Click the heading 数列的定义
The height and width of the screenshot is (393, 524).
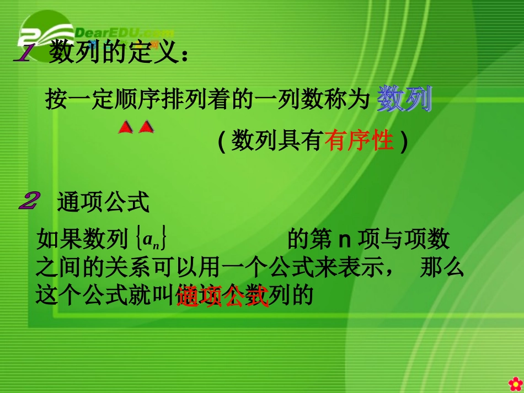point(113,53)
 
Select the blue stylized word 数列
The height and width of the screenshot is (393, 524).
point(404,99)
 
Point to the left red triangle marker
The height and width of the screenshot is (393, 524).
point(126,128)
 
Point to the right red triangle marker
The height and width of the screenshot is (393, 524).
point(146,128)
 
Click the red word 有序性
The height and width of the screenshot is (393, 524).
point(359,142)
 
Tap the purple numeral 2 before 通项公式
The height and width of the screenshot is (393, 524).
point(28,201)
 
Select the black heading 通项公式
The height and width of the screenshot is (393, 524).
point(103,203)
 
